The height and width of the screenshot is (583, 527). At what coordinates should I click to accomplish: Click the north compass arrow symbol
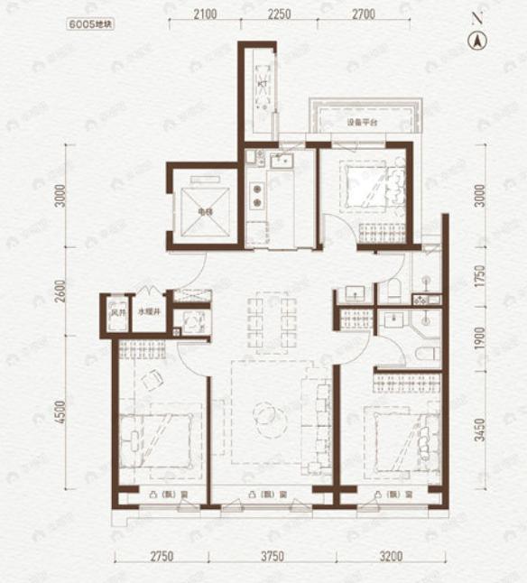(477, 40)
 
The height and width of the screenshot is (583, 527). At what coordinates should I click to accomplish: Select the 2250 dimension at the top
(278, 15)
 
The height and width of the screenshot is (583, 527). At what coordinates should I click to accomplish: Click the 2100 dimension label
(206, 15)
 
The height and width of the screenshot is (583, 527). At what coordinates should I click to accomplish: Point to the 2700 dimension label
(363, 15)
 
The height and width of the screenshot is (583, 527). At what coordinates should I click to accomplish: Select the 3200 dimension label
(393, 556)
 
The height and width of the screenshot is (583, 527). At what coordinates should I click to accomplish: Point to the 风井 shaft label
(116, 312)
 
